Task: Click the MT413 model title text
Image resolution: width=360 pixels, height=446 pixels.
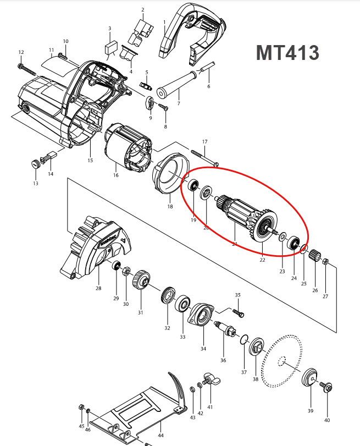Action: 287,53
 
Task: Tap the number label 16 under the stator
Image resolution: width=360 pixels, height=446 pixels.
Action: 115,175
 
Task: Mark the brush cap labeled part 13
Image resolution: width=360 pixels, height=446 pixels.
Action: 35,163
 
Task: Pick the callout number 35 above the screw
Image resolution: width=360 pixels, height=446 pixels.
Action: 237,295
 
